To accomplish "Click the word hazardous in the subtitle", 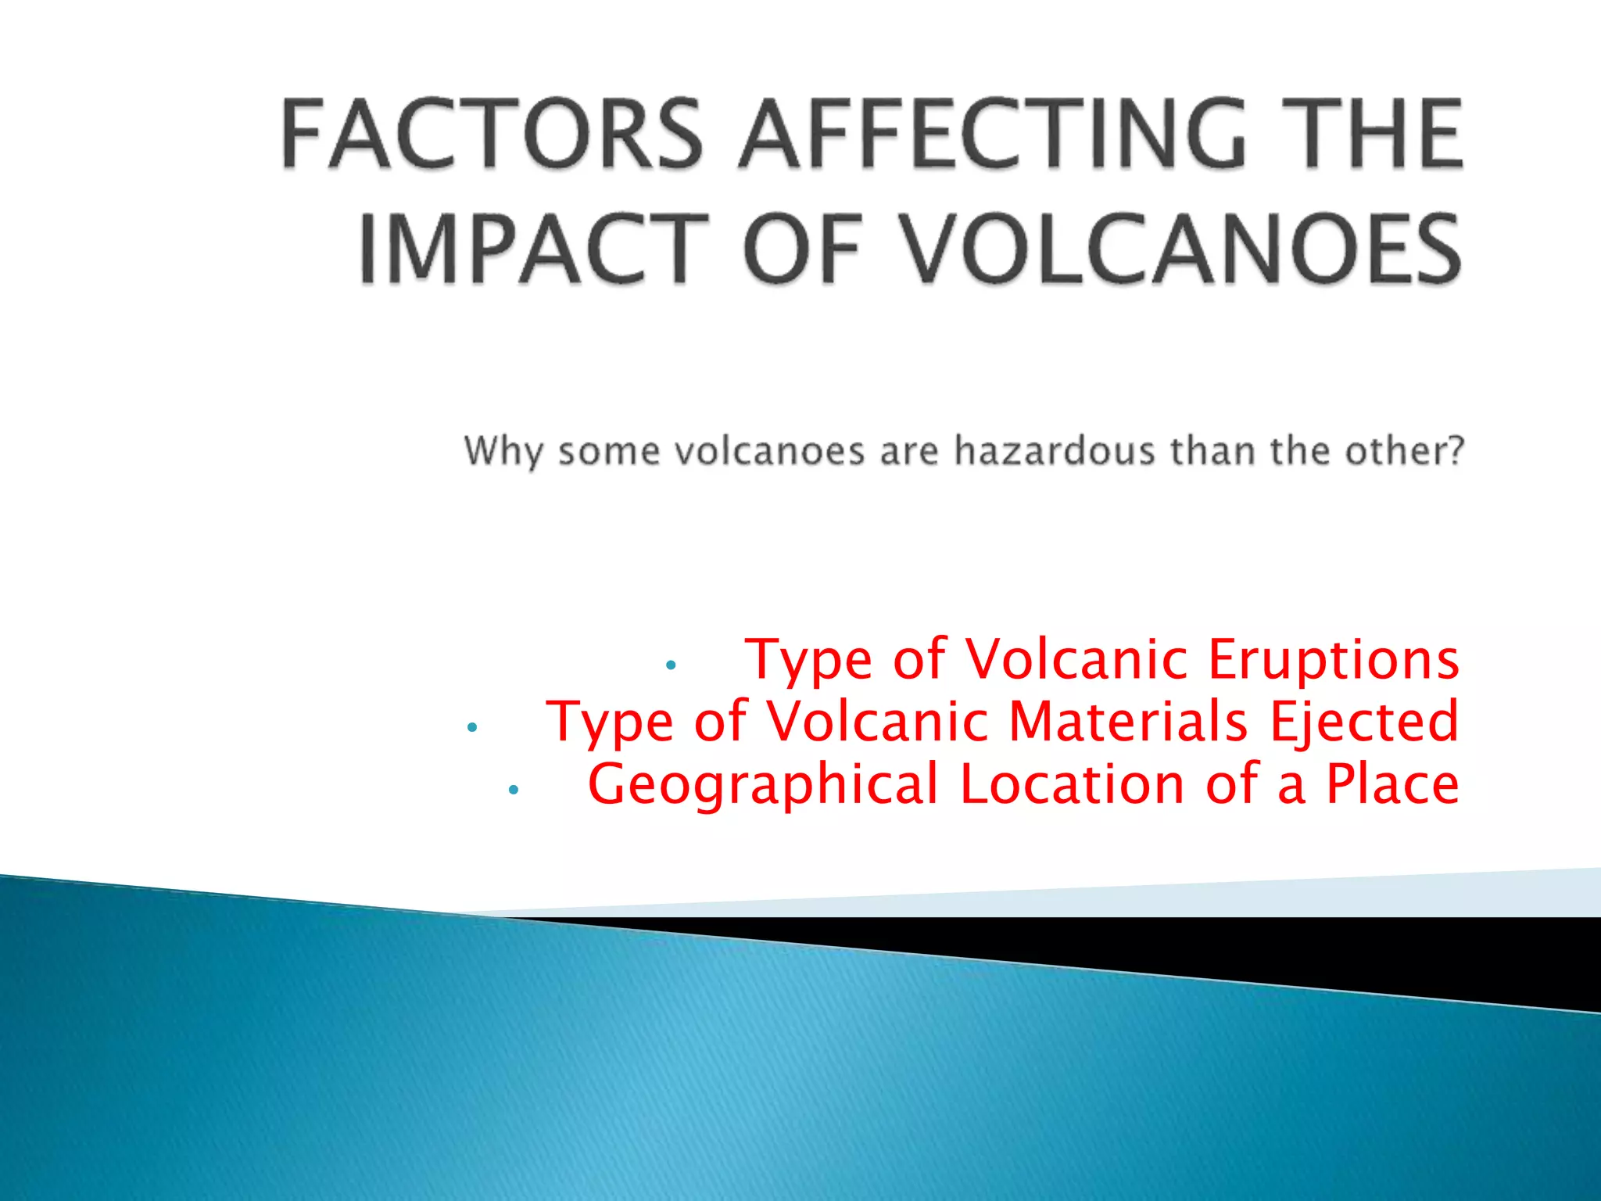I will click(1055, 451).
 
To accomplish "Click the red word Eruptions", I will click(1333, 659).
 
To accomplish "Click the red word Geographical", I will click(762, 785).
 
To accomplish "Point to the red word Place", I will click(1392, 783).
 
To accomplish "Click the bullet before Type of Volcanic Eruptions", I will click(670, 665).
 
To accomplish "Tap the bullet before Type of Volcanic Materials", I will click(471, 728).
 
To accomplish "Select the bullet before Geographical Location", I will click(513, 791).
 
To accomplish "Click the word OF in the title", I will click(801, 249).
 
